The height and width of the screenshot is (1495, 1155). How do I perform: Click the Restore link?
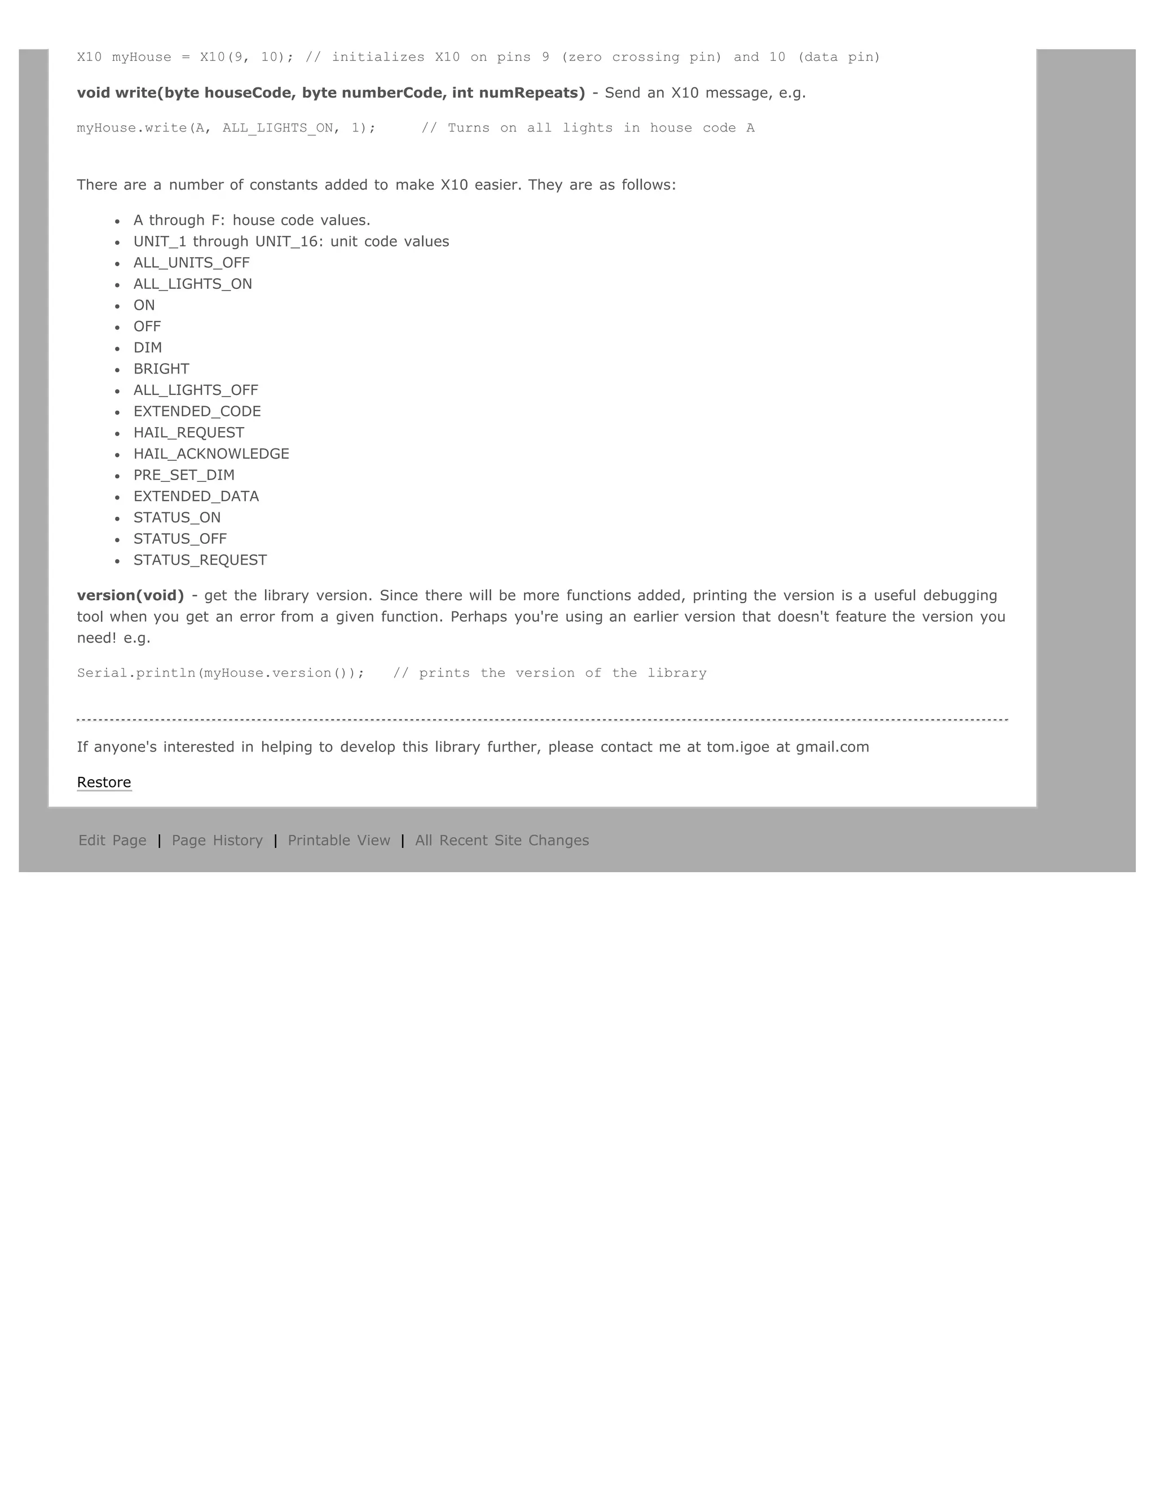pyautogui.click(x=104, y=782)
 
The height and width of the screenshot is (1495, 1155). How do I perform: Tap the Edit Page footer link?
pyautogui.click(x=112, y=841)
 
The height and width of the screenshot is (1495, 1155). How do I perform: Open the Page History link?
pyautogui.click(x=217, y=841)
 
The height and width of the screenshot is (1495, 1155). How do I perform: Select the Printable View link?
pyautogui.click(x=339, y=841)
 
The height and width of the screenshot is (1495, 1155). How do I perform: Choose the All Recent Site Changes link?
pyautogui.click(x=501, y=841)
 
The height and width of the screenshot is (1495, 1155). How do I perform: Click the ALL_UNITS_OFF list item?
pyautogui.click(x=192, y=263)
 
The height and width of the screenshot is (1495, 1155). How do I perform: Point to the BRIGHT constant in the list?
pyautogui.click(x=161, y=369)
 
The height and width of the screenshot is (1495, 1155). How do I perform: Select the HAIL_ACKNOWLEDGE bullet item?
pyautogui.click(x=211, y=454)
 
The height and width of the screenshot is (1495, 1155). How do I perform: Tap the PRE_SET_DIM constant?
pyautogui.click(x=184, y=475)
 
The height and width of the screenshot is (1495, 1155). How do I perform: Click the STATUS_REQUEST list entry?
pyautogui.click(x=200, y=560)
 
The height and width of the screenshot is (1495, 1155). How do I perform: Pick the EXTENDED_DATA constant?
pyautogui.click(x=196, y=496)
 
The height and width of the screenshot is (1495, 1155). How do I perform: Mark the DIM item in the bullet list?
pyautogui.click(x=148, y=348)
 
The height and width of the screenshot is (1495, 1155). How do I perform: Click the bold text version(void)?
pyautogui.click(x=130, y=596)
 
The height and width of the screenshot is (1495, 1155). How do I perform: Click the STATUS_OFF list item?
pyautogui.click(x=180, y=539)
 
